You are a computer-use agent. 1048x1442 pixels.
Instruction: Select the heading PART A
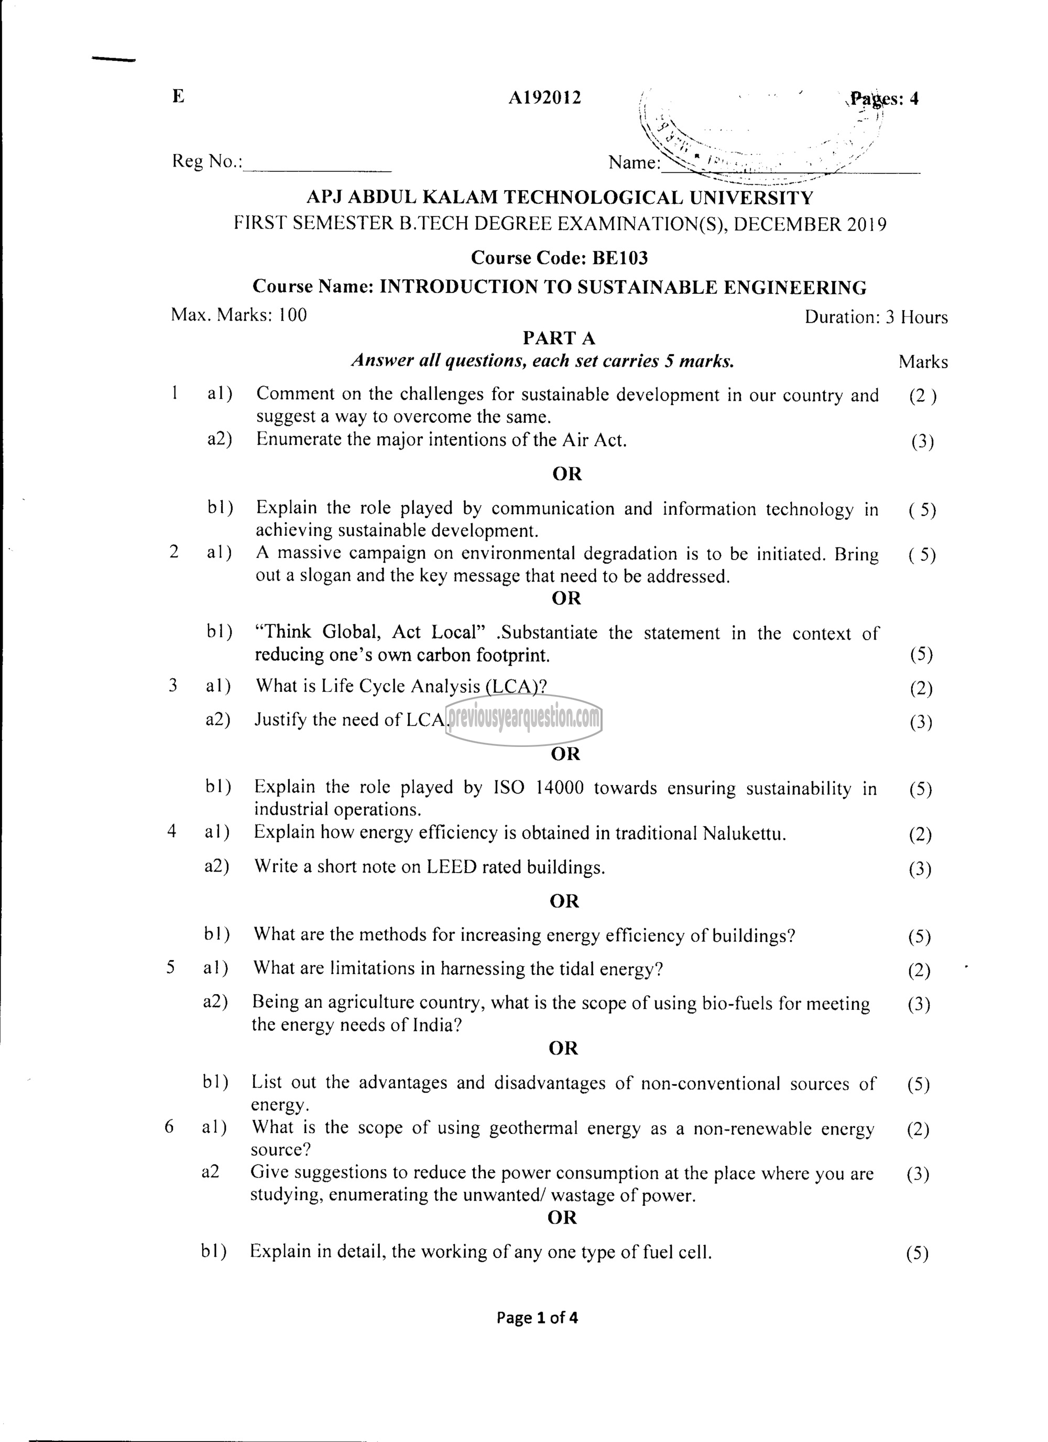(559, 338)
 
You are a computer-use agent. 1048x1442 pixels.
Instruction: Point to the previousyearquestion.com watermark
(524, 719)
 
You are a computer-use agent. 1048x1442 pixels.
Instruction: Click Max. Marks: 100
(238, 315)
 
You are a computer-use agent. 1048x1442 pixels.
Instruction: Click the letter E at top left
(178, 97)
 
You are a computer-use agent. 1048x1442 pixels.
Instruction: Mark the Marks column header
(923, 362)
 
